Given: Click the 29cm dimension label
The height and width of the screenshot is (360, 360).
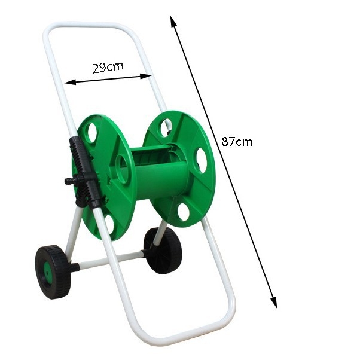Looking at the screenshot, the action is pyautogui.click(x=108, y=68).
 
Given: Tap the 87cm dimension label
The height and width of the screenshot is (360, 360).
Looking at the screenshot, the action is pyautogui.click(x=237, y=141).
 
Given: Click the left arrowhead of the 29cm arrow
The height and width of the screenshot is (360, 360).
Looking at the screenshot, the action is pyautogui.click(x=70, y=82).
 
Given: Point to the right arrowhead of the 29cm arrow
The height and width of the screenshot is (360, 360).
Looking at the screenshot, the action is pyautogui.click(x=146, y=76).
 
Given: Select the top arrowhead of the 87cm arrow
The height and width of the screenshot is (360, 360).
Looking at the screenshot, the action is pyautogui.click(x=173, y=21).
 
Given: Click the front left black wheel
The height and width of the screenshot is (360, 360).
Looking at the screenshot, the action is pyautogui.click(x=53, y=272).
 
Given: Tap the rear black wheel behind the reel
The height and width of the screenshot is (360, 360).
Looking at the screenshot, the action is pyautogui.click(x=163, y=251).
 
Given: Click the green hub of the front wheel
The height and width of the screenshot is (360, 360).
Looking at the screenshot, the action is pyautogui.click(x=48, y=273).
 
